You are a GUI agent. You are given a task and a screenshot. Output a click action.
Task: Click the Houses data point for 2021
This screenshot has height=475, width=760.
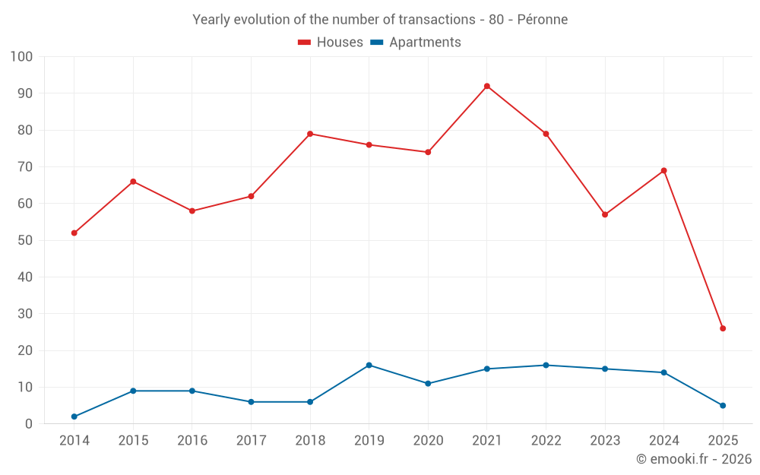487,86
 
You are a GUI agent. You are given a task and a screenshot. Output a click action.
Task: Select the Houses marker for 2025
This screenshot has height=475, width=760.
723,328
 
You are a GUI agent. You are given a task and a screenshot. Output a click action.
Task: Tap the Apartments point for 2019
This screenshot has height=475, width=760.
369,365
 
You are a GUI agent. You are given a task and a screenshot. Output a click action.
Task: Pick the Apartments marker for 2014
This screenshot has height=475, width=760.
74,416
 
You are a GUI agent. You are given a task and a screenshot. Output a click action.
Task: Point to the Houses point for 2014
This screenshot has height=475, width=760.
74,233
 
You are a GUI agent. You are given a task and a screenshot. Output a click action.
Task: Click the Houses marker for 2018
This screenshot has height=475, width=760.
310,134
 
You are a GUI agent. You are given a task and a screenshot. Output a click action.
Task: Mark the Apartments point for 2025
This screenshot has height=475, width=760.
723,405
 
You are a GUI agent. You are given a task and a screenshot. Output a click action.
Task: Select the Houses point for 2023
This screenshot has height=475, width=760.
605,214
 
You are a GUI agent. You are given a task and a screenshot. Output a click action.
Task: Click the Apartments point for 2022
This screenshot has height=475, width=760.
546,365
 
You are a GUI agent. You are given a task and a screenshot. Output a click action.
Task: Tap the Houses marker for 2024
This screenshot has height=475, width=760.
663,170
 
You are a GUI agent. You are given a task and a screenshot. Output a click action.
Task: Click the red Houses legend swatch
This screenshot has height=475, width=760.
305,43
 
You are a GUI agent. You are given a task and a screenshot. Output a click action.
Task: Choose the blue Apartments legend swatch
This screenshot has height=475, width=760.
377,43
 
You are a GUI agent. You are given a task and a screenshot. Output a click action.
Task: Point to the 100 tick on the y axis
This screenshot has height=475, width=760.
22,57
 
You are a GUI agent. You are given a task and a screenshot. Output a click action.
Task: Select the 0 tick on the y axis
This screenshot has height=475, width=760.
29,424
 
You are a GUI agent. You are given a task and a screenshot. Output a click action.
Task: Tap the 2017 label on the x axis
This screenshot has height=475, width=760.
251,441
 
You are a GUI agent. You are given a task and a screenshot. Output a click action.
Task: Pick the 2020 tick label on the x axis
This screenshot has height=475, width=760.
428,441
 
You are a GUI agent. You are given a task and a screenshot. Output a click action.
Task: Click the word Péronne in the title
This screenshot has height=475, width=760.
543,20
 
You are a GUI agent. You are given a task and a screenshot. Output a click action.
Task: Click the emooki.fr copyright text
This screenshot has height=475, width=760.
694,459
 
